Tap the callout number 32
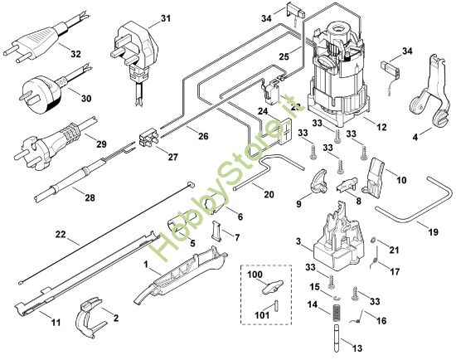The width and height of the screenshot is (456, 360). tap(75, 54)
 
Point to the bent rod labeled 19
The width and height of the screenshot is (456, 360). tap(415, 207)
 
